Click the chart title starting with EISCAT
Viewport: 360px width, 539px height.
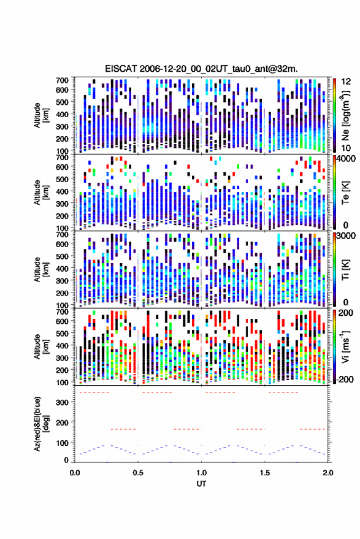point(202,69)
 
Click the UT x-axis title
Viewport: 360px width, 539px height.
point(202,484)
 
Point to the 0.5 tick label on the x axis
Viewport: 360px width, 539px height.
point(138,473)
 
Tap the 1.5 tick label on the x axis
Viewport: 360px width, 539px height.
point(265,473)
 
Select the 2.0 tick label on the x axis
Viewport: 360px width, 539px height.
point(328,473)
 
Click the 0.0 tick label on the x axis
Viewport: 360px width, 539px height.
point(75,473)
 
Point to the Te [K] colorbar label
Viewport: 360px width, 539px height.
point(345,193)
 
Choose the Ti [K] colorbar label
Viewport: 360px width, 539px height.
point(345,270)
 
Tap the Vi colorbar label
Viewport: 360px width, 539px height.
point(345,346)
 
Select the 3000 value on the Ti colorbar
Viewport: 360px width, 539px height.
point(346,236)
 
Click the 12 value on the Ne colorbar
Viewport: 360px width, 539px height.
point(347,82)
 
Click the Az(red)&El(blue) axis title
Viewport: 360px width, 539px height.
point(39,424)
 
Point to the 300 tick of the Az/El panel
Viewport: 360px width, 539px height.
point(62,402)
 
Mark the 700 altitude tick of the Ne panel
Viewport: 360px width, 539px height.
point(62,80)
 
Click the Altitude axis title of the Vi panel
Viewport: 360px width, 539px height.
point(40,346)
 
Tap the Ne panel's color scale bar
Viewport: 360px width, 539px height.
point(334,115)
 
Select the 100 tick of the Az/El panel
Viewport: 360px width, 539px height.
point(62,443)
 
